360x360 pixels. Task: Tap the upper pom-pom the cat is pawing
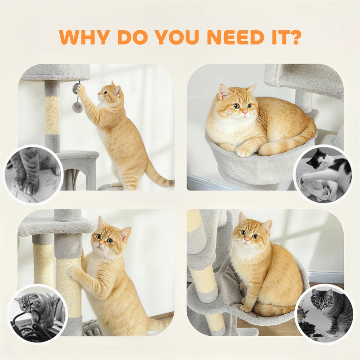pyautogui.click(x=76, y=88)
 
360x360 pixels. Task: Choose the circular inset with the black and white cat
pyautogui.click(x=323, y=175)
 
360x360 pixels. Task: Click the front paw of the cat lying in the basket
pyautogui.click(x=244, y=152)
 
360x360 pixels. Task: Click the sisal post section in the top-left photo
pyautogui.click(x=52, y=115)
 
